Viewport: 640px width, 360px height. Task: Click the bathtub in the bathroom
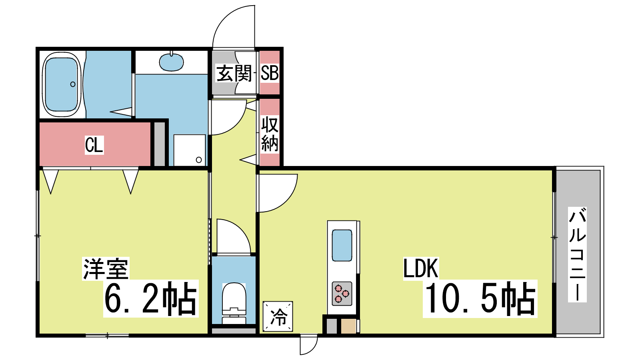(x=62, y=84)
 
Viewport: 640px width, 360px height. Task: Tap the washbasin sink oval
(x=172, y=62)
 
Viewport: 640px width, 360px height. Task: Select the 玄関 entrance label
(x=234, y=74)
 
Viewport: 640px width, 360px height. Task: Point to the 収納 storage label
(x=270, y=134)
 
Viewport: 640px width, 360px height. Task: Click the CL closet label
(x=94, y=145)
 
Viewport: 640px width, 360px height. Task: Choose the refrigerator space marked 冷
(x=278, y=316)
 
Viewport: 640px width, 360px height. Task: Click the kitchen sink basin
(x=342, y=246)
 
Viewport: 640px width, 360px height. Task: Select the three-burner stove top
(x=342, y=294)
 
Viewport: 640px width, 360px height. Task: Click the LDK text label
(x=420, y=268)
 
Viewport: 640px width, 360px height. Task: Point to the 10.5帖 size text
(x=480, y=298)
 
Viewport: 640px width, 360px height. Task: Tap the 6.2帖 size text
(x=151, y=298)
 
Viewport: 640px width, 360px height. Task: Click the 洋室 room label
(x=106, y=268)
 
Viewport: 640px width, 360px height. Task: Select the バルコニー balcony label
(x=577, y=254)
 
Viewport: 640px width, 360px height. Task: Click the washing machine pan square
(x=190, y=150)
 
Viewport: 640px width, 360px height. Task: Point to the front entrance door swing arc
(x=226, y=17)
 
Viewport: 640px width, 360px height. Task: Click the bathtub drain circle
(x=73, y=84)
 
